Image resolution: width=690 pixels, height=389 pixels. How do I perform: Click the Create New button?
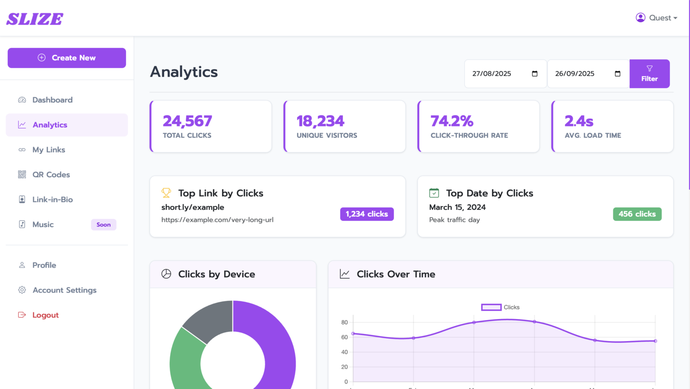pyautogui.click(x=67, y=58)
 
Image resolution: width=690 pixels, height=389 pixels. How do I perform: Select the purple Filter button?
pyautogui.click(x=649, y=74)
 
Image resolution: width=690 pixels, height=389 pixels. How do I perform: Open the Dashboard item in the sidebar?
pyautogui.click(x=52, y=100)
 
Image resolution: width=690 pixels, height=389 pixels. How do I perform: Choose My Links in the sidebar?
pyautogui.click(x=49, y=150)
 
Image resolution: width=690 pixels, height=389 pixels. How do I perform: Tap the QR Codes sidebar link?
pyautogui.click(x=51, y=175)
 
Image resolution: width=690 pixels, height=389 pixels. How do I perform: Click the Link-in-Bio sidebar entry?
pyautogui.click(x=53, y=200)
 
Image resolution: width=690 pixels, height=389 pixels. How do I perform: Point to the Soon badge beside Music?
pyautogui.click(x=103, y=225)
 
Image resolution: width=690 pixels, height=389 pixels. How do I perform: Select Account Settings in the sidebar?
pyautogui.click(x=64, y=290)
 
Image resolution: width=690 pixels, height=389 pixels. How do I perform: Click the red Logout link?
pyautogui.click(x=45, y=315)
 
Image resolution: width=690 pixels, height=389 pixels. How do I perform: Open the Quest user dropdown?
pyautogui.click(x=656, y=18)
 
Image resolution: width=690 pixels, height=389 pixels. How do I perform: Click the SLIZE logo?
pyautogui.click(x=35, y=19)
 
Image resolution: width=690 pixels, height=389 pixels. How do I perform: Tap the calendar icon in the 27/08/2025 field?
pyautogui.click(x=534, y=74)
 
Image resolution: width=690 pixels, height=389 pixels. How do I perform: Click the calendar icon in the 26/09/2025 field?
pyautogui.click(x=617, y=74)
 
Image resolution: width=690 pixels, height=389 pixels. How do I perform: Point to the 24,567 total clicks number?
pyautogui.click(x=187, y=121)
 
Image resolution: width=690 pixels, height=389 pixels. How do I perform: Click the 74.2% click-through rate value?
pyautogui.click(x=451, y=121)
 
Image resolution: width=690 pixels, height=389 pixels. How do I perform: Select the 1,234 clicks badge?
pyautogui.click(x=367, y=214)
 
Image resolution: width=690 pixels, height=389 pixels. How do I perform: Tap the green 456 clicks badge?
pyautogui.click(x=637, y=214)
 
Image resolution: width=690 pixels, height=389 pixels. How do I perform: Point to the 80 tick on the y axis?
pyautogui.click(x=345, y=322)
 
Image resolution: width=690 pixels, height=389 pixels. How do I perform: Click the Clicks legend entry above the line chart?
pyautogui.click(x=500, y=308)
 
